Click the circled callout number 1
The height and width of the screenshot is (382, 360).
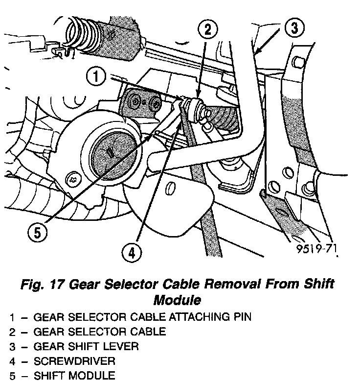(x=96, y=77)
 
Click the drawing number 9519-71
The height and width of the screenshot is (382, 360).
(x=316, y=250)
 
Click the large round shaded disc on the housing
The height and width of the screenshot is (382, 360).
(x=113, y=152)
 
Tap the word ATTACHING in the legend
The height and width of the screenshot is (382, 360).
(x=194, y=317)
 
